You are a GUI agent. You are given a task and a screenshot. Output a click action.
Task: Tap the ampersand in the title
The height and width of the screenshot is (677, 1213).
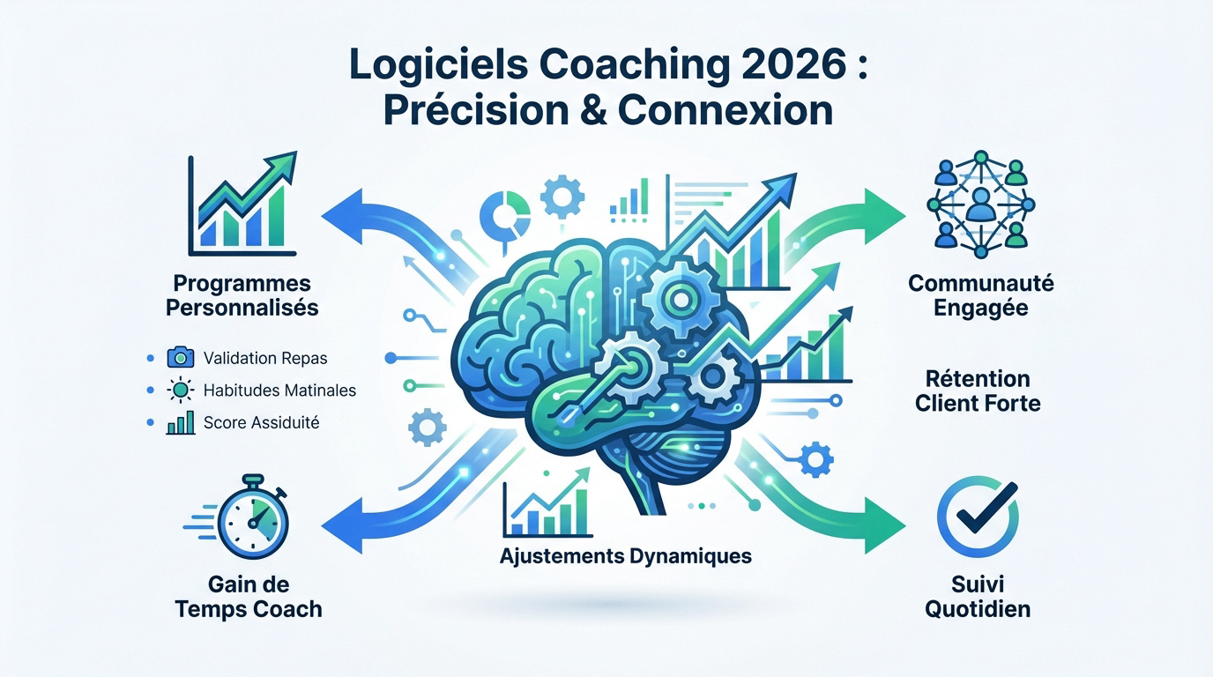[x=592, y=110]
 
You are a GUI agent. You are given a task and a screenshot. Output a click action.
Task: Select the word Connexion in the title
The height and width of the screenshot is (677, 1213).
[x=726, y=110]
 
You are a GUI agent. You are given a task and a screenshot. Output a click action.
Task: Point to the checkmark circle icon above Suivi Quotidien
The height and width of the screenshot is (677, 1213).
[x=978, y=517]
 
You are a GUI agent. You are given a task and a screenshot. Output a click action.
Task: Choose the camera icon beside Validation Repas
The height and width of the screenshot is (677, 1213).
[x=181, y=358]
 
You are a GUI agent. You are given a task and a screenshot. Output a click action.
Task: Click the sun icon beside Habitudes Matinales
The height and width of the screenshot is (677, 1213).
[x=181, y=390]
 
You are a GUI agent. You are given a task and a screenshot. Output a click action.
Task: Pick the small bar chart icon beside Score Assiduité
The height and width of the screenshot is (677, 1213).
[x=181, y=422]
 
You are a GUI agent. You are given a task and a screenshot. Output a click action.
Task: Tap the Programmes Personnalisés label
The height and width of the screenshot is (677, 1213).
[x=242, y=295]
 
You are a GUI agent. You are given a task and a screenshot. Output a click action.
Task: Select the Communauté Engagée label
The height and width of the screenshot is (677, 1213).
[x=980, y=295]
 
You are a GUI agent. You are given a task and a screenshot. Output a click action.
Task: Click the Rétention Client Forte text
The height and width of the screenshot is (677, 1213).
[x=978, y=391]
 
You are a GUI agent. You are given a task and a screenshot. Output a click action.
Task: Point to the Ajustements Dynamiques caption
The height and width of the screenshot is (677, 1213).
[x=626, y=556]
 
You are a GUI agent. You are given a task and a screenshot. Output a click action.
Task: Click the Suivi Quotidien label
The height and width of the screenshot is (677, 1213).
[x=978, y=597]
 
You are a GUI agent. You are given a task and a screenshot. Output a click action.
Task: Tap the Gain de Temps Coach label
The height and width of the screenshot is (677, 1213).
[x=249, y=597]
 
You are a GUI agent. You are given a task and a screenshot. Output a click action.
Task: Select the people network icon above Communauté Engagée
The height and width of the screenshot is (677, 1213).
[x=980, y=205]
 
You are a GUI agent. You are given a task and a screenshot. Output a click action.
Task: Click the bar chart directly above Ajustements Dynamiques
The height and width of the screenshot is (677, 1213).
[x=547, y=502]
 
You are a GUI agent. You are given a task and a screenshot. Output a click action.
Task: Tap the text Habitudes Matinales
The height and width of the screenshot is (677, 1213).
[x=279, y=390]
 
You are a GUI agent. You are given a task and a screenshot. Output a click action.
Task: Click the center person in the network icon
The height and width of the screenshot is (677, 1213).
[x=980, y=205]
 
